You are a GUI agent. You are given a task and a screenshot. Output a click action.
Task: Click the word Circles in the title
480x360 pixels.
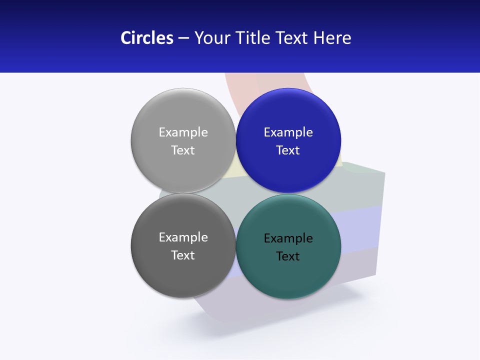[x=146, y=38]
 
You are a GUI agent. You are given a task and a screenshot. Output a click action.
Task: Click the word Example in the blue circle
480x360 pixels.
[x=288, y=132]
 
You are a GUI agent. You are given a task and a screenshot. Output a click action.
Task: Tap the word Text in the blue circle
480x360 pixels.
[x=288, y=150]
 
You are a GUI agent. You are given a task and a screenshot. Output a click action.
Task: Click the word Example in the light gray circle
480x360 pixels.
[x=183, y=132]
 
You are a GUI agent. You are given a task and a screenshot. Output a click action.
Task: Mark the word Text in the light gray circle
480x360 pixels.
[x=183, y=150]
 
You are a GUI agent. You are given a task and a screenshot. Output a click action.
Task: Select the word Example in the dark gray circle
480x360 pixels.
[x=183, y=237]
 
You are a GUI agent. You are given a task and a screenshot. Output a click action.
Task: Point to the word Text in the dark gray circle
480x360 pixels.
[x=183, y=255]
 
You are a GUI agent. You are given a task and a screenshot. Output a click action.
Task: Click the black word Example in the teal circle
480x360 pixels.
[x=288, y=238]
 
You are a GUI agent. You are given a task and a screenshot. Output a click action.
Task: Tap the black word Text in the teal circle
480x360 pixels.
[x=288, y=256]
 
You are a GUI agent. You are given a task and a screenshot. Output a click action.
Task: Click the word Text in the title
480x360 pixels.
[x=292, y=38]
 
